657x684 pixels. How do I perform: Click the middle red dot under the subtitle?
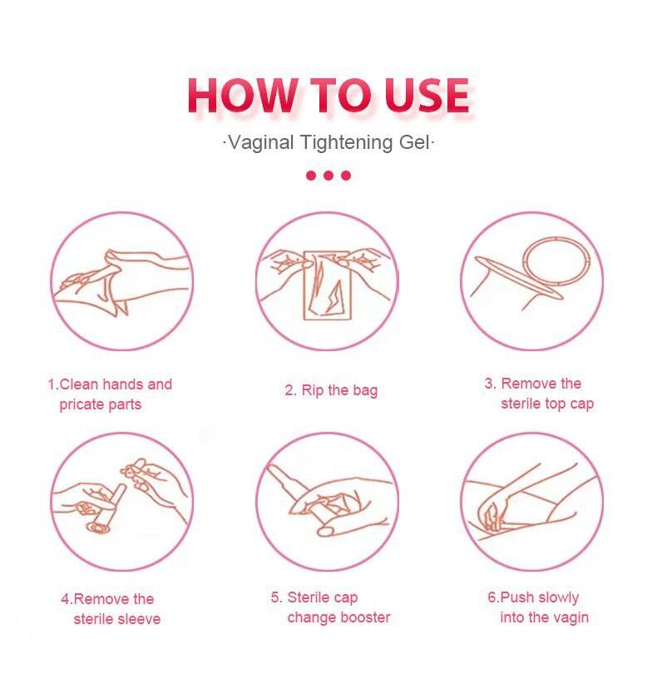pos(328,176)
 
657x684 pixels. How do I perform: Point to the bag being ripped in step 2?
pos(328,285)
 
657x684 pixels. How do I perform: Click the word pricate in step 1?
pos(80,404)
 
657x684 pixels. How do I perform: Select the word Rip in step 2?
pos(313,390)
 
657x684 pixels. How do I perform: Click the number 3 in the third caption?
pos(490,384)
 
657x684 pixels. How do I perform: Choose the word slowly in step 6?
pos(559,597)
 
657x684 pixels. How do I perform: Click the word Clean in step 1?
pos(78,384)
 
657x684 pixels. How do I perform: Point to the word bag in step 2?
pos(365,390)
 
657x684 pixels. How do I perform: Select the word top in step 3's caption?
pos(555,404)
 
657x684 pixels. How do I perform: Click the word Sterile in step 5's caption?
pos(304,597)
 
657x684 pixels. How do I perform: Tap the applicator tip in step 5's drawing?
pos(274,472)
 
